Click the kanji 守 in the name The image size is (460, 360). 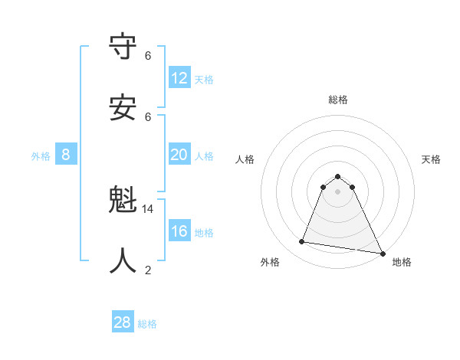point(123,47)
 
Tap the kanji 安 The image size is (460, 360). point(123,107)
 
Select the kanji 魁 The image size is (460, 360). point(123,201)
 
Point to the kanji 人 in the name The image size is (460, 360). point(123,260)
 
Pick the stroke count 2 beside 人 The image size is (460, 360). point(148,270)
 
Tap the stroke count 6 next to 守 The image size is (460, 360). point(148,56)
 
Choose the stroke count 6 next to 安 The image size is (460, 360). point(148,116)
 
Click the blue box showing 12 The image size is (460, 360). point(179,78)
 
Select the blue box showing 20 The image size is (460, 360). point(179,155)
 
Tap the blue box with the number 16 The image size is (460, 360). point(179,231)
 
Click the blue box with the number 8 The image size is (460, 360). point(66,155)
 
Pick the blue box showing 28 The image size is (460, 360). point(123,322)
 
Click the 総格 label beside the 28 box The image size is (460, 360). point(147,324)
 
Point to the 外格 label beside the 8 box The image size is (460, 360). point(41,156)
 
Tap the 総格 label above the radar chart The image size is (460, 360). point(337,100)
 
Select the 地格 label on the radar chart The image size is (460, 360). point(402,263)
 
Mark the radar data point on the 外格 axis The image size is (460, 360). point(302,242)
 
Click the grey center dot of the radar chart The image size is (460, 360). point(337,202)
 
